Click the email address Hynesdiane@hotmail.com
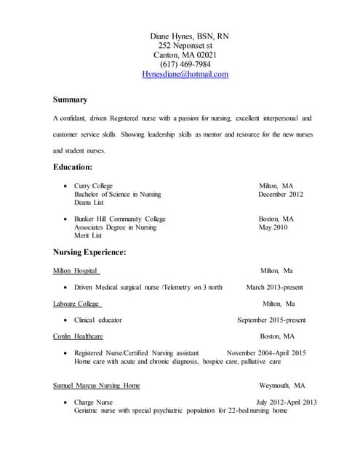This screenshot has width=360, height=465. tap(185, 74)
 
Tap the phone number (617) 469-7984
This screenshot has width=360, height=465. tap(185, 65)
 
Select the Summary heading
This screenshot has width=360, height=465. tap(71, 100)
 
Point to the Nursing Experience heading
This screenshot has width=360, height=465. tap(89, 252)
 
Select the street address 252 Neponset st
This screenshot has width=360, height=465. tap(185, 45)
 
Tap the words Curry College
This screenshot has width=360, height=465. tap(93, 186)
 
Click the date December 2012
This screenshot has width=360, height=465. tap(280, 195)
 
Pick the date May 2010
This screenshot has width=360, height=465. tap(273, 227)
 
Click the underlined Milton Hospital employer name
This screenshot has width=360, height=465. tap(76, 271)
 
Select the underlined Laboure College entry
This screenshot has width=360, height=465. tap(77, 304)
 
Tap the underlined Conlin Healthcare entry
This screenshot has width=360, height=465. tap(78, 336)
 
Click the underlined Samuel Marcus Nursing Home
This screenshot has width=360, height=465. tap(97, 386)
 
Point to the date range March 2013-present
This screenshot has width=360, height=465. tap(275, 288)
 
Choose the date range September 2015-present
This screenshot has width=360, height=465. tap(271, 320)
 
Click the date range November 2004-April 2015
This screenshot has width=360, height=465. tap(266, 353)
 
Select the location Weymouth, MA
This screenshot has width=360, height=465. tap(281, 386)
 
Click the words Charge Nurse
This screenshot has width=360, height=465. tap(93, 403)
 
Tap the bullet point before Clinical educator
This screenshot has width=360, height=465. tap(66, 320)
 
